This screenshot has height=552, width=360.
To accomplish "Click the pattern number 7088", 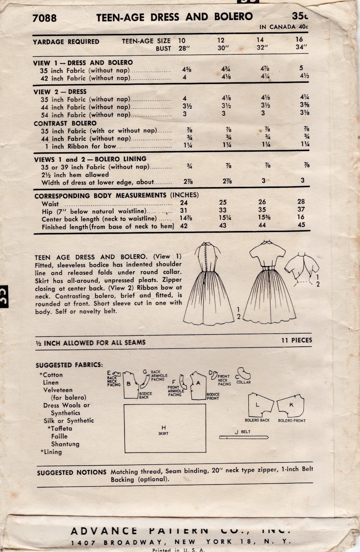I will pos(45,18).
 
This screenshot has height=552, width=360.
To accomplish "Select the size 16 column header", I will pos(299,39).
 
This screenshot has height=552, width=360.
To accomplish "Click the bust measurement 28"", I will pos(184,48).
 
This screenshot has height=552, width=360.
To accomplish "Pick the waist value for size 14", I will pos(262,202).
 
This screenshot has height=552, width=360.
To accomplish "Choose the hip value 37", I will pos(301,209).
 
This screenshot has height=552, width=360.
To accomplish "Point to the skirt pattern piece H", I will pos(165,428).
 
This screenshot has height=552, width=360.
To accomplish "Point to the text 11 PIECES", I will pos(297,340).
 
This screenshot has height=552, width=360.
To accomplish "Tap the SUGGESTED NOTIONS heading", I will pos(71,472).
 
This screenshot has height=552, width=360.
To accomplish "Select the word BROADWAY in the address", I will pos(133,542).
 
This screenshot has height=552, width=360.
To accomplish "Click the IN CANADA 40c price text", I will pos(283,27).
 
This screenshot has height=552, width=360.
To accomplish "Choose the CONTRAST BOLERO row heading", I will pos(65,123).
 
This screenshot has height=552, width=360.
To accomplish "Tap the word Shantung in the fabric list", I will pos(65,444).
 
